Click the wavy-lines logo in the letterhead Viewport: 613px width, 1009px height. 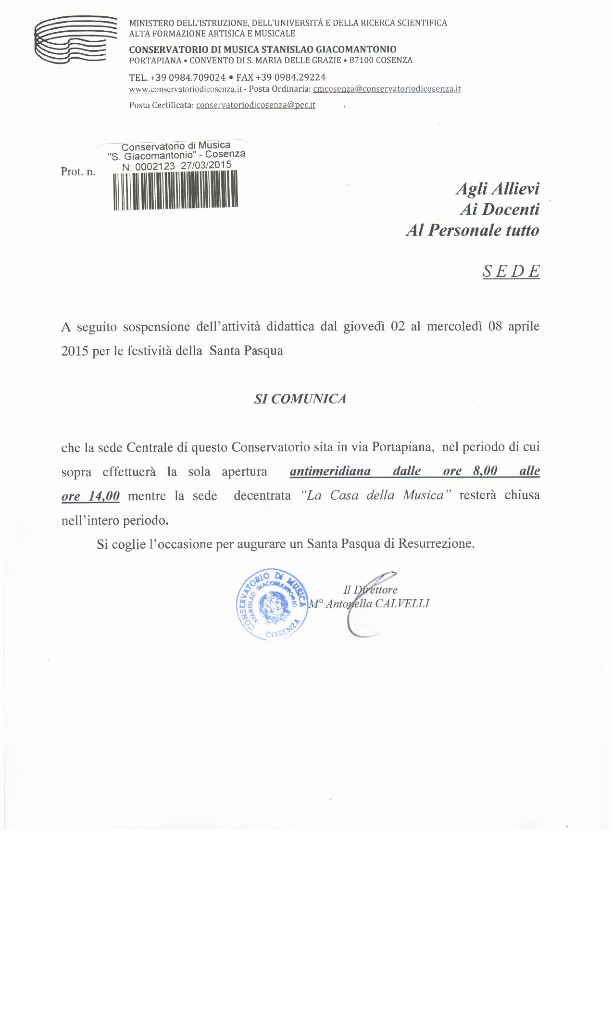point(76,40)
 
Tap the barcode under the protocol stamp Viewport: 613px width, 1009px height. point(175,190)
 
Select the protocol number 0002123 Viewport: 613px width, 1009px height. point(155,167)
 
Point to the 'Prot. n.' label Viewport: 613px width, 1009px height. point(78,172)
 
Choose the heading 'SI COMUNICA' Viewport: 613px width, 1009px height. point(300,399)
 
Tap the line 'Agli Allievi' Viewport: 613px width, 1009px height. point(497,188)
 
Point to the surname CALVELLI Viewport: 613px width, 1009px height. point(402,603)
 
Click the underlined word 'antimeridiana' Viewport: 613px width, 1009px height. point(330,471)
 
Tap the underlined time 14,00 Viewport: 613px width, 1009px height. point(104,495)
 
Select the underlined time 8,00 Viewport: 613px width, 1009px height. point(485,471)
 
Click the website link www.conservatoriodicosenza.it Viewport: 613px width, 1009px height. point(185,89)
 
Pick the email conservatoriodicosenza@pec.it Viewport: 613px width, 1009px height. point(256,105)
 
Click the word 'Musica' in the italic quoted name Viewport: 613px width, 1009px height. point(423,495)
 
